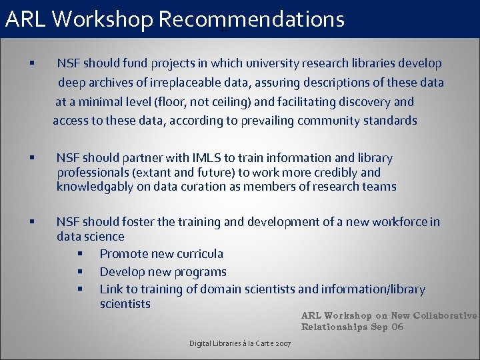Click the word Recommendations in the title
point(251,19)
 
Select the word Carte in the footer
point(259,343)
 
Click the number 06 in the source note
point(397,327)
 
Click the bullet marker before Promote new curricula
point(79,254)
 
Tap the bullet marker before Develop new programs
point(79,272)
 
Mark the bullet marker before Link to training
point(79,289)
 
